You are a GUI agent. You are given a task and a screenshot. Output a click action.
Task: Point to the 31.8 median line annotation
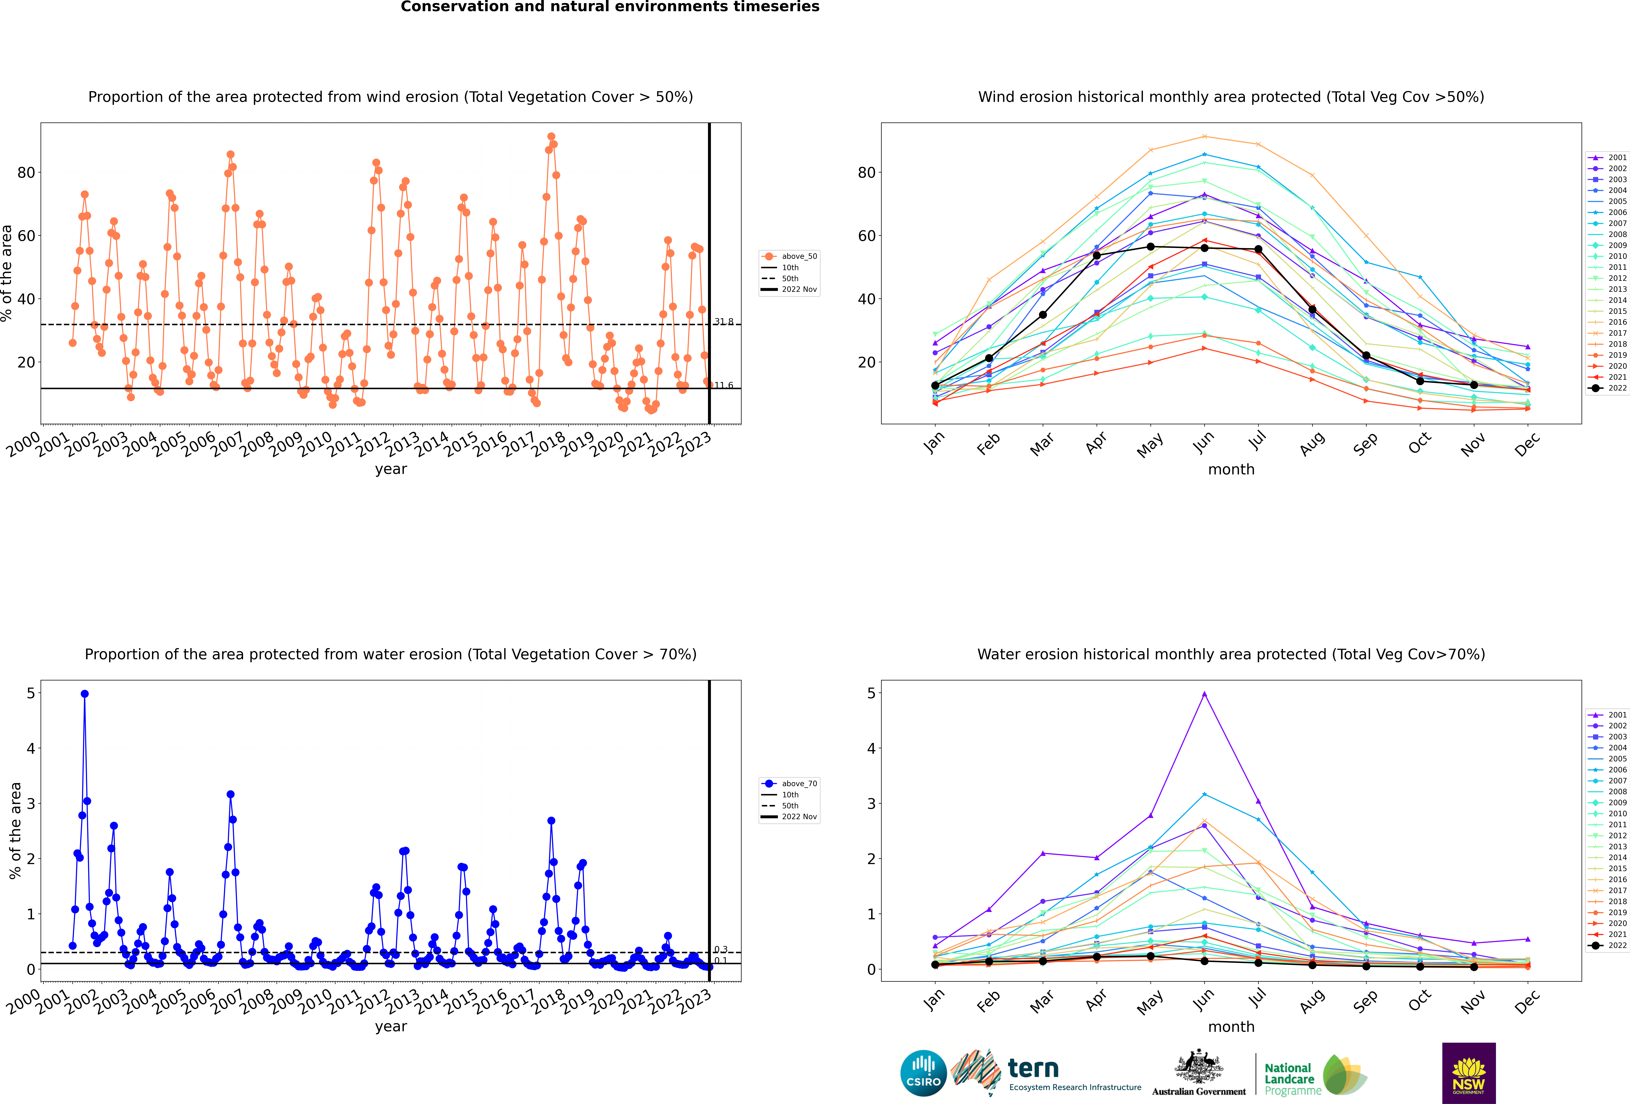(724, 322)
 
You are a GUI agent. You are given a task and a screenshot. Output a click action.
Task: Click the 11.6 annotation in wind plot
(724, 385)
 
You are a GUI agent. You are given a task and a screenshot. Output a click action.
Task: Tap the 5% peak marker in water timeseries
(85, 694)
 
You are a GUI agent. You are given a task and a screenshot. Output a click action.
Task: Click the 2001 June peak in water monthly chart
(1204, 694)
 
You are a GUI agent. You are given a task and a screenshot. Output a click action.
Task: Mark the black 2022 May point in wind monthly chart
(1150, 247)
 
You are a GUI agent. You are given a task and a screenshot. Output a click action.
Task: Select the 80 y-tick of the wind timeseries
(26, 172)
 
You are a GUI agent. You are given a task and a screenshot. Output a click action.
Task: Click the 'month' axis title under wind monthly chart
(1231, 470)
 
